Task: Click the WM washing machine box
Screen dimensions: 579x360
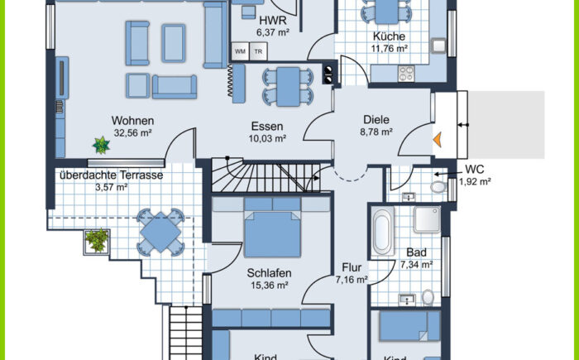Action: (240, 51)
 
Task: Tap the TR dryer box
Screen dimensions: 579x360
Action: (258, 51)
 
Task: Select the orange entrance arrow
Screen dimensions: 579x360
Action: (438, 140)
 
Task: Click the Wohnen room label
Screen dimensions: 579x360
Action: (132, 121)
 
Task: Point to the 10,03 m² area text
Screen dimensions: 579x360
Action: (267, 138)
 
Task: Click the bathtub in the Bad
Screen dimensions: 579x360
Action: (382, 232)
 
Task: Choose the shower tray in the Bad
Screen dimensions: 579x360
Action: (428, 219)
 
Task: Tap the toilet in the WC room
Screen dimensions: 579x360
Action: (438, 187)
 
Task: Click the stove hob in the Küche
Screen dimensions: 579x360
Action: (406, 73)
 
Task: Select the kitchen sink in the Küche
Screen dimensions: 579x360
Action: (438, 46)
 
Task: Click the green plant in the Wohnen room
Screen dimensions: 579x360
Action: (101, 145)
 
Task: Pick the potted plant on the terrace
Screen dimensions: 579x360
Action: (97, 241)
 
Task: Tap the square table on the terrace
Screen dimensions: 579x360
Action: (160, 232)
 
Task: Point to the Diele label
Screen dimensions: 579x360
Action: (376, 120)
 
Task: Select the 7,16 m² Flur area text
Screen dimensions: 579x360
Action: (352, 280)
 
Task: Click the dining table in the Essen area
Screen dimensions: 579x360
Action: (288, 87)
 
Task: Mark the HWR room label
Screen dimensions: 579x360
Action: (273, 20)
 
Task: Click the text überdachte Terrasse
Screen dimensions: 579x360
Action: (111, 175)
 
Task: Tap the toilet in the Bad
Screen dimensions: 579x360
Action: (428, 297)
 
